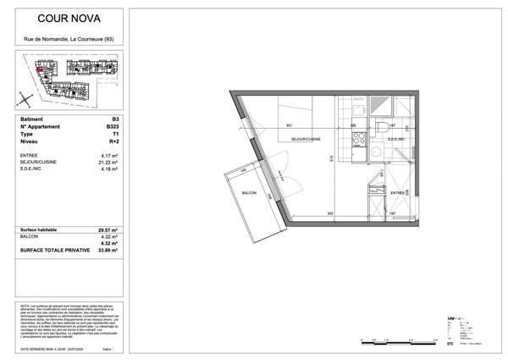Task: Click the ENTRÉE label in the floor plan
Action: pyautogui.click(x=396, y=193)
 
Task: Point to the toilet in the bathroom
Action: pyautogui.click(x=384, y=127)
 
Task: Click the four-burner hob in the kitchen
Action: pyautogui.click(x=356, y=136)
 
